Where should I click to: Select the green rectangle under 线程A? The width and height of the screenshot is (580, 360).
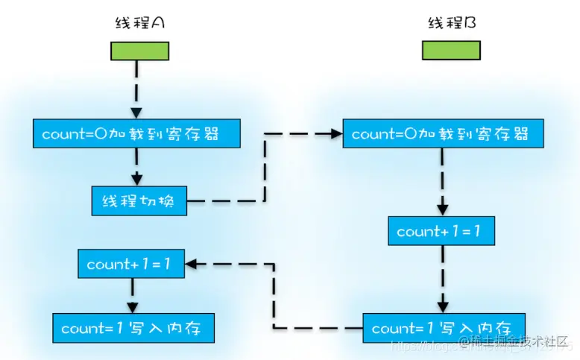[139, 51]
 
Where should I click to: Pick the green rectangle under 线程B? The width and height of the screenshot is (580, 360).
[451, 51]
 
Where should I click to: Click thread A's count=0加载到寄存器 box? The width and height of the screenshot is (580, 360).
[137, 134]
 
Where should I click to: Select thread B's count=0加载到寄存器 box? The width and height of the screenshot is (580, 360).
[443, 134]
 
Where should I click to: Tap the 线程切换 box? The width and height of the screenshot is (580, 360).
[139, 200]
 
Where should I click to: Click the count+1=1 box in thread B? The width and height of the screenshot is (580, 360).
[441, 231]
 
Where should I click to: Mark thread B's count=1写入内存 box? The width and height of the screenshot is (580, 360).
[443, 328]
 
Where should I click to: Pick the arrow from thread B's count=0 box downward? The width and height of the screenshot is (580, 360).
[442, 183]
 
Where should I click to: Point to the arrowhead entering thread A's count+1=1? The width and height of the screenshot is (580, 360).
[192, 264]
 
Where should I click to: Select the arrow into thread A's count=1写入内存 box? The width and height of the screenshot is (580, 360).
[132, 297]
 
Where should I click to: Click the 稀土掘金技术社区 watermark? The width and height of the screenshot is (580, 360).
[514, 341]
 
